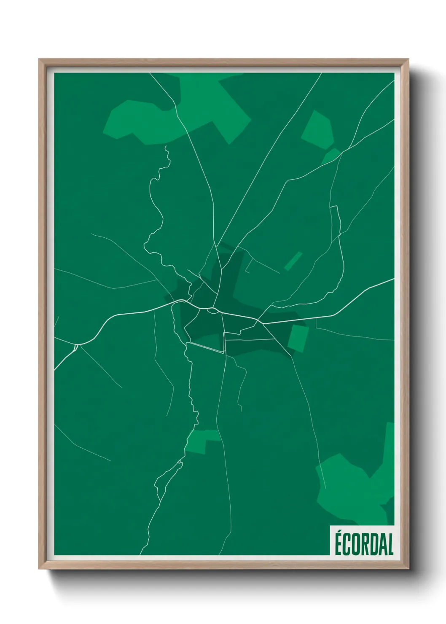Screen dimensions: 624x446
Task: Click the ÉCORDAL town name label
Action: click(363, 544)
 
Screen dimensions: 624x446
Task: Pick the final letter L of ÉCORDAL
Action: click(390, 544)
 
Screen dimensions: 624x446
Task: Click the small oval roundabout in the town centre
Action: click(212, 310)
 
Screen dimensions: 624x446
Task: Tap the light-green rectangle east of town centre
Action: click(298, 336)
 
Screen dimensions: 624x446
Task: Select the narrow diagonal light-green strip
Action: click(293, 261)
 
